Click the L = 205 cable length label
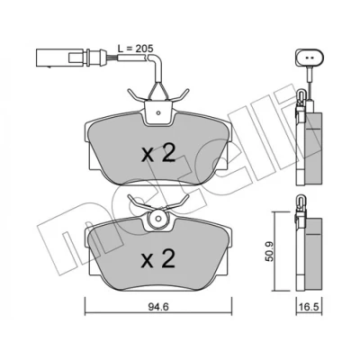[x=135, y=48]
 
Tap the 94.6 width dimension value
[x=158, y=307]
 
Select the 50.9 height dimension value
[x=270, y=252]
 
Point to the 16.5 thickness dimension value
[x=309, y=307]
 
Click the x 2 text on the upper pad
[x=158, y=154]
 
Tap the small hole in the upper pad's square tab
[x=158, y=113]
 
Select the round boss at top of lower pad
[x=158, y=219]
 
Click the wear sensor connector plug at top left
[x=71, y=56]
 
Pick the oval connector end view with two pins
[x=310, y=57]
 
